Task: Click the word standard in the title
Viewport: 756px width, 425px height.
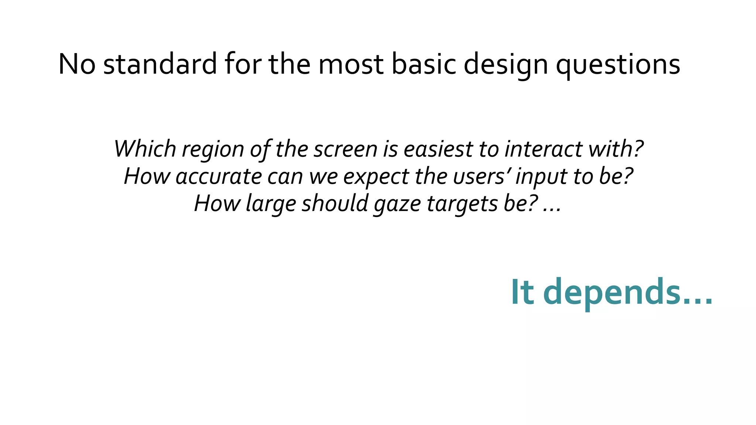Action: (160, 64)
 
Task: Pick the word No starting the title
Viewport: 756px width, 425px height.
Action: (77, 64)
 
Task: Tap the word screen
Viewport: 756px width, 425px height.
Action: (346, 149)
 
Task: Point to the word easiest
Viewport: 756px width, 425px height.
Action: (438, 149)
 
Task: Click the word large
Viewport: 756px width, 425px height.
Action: (271, 204)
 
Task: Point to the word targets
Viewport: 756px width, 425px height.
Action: (462, 204)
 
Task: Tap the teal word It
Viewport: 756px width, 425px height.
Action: (522, 292)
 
